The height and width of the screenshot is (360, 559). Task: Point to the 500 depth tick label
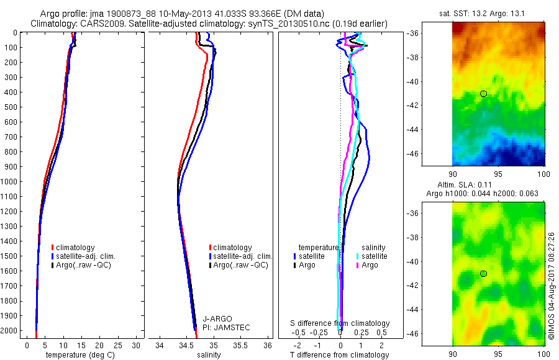(10, 107)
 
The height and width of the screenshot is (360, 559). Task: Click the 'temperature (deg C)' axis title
(78, 355)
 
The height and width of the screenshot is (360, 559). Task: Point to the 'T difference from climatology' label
(340, 355)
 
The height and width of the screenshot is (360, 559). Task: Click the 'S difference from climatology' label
(340, 323)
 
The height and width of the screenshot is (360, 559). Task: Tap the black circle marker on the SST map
(483, 93)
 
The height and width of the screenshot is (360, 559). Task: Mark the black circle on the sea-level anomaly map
(483, 274)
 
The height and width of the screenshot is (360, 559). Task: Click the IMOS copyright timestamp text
(552, 286)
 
